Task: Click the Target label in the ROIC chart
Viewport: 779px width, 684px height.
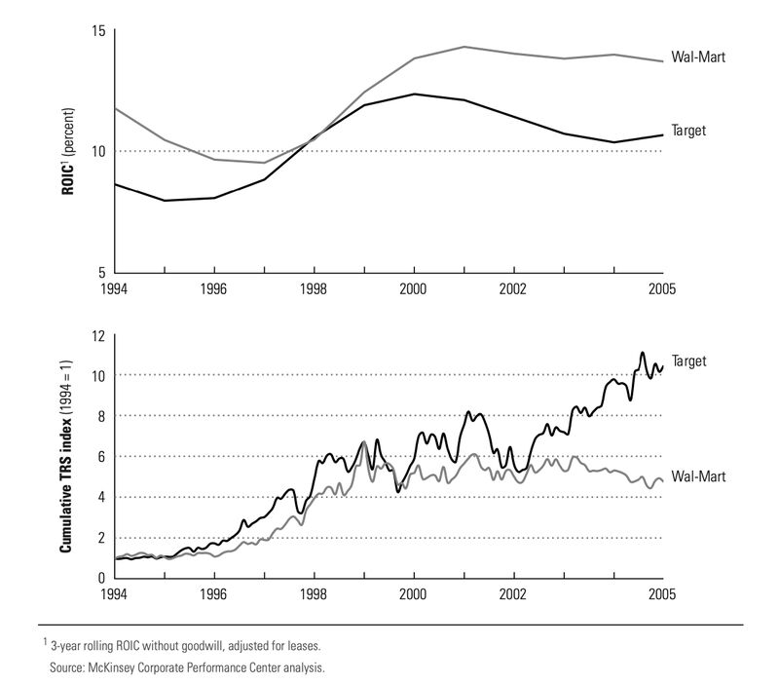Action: [x=688, y=130]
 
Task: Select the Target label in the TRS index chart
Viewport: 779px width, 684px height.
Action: [x=688, y=361]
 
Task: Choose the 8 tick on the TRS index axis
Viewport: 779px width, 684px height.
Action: [x=100, y=417]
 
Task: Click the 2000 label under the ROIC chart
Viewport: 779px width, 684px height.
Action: [x=414, y=289]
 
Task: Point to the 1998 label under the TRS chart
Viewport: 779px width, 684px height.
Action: [x=314, y=592]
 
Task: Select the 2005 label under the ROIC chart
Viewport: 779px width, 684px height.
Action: [x=663, y=289]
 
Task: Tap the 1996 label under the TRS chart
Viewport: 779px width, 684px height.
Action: [x=214, y=592]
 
